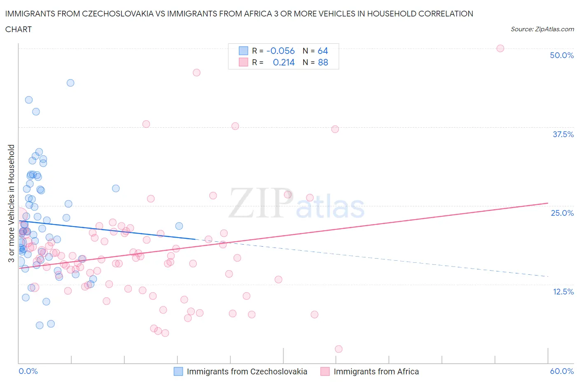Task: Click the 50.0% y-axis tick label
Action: [561, 55]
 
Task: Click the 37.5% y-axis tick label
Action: [563, 134]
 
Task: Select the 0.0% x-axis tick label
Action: [28, 371]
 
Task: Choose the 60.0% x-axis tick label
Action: [561, 371]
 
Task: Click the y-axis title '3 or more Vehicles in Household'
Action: [12, 203]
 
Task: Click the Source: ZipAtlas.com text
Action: [542, 29]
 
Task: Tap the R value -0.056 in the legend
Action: [280, 51]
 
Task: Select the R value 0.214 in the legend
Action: [284, 62]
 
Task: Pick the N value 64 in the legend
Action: [322, 51]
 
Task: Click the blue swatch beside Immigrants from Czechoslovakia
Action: [178, 371]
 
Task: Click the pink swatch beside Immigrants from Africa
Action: [325, 371]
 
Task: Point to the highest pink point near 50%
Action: [500, 48]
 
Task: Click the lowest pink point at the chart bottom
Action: [339, 349]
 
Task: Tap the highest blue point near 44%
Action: [70, 83]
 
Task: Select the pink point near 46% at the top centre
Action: [196, 72]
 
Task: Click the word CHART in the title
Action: [19, 29]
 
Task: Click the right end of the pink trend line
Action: [548, 203]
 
